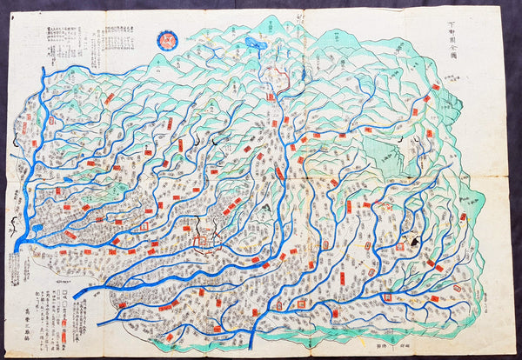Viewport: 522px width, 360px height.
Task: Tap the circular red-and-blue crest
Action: pos(165,40)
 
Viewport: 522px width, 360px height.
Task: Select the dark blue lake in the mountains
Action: pos(254,41)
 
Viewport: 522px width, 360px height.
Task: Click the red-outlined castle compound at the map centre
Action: pos(203,240)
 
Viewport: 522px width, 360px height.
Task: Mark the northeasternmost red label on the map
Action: pos(435,88)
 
